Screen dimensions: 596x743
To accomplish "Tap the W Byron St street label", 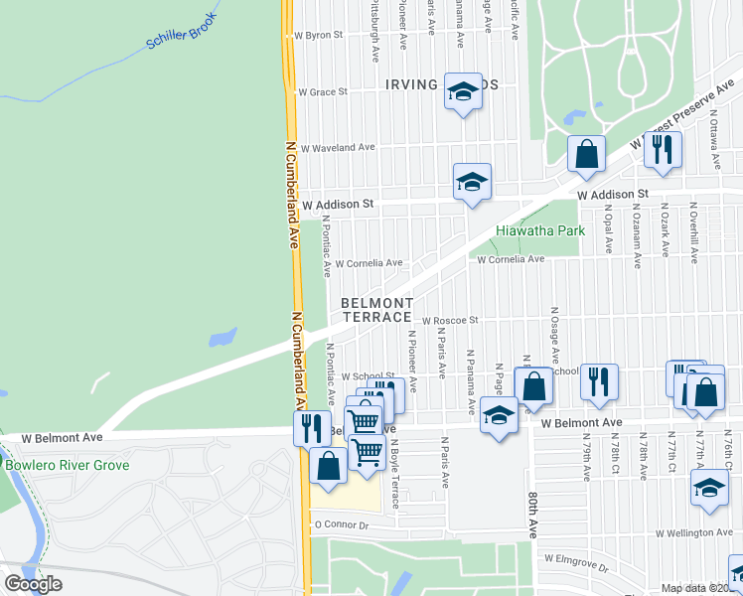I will tap(318, 35).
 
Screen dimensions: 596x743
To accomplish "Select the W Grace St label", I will tap(320, 91).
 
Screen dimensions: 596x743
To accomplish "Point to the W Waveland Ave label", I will tap(337, 148).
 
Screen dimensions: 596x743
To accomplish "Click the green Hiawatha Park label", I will tap(540, 230).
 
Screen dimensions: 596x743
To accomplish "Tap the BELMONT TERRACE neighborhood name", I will tap(376, 309).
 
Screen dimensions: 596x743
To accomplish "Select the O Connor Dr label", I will tap(342, 523).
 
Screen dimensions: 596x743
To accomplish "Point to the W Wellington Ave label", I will tap(696, 533).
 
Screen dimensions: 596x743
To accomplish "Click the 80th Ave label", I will tap(532, 512).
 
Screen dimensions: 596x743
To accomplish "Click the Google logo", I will tap(34, 584).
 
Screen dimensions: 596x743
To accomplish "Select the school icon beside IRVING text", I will tap(461, 92).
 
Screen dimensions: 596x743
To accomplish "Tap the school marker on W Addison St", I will tap(472, 181).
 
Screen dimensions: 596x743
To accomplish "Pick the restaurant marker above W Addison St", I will tap(662, 149).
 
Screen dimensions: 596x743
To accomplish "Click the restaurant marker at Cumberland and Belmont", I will tap(313, 427).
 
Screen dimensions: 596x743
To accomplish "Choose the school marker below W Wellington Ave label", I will tap(710, 490).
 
